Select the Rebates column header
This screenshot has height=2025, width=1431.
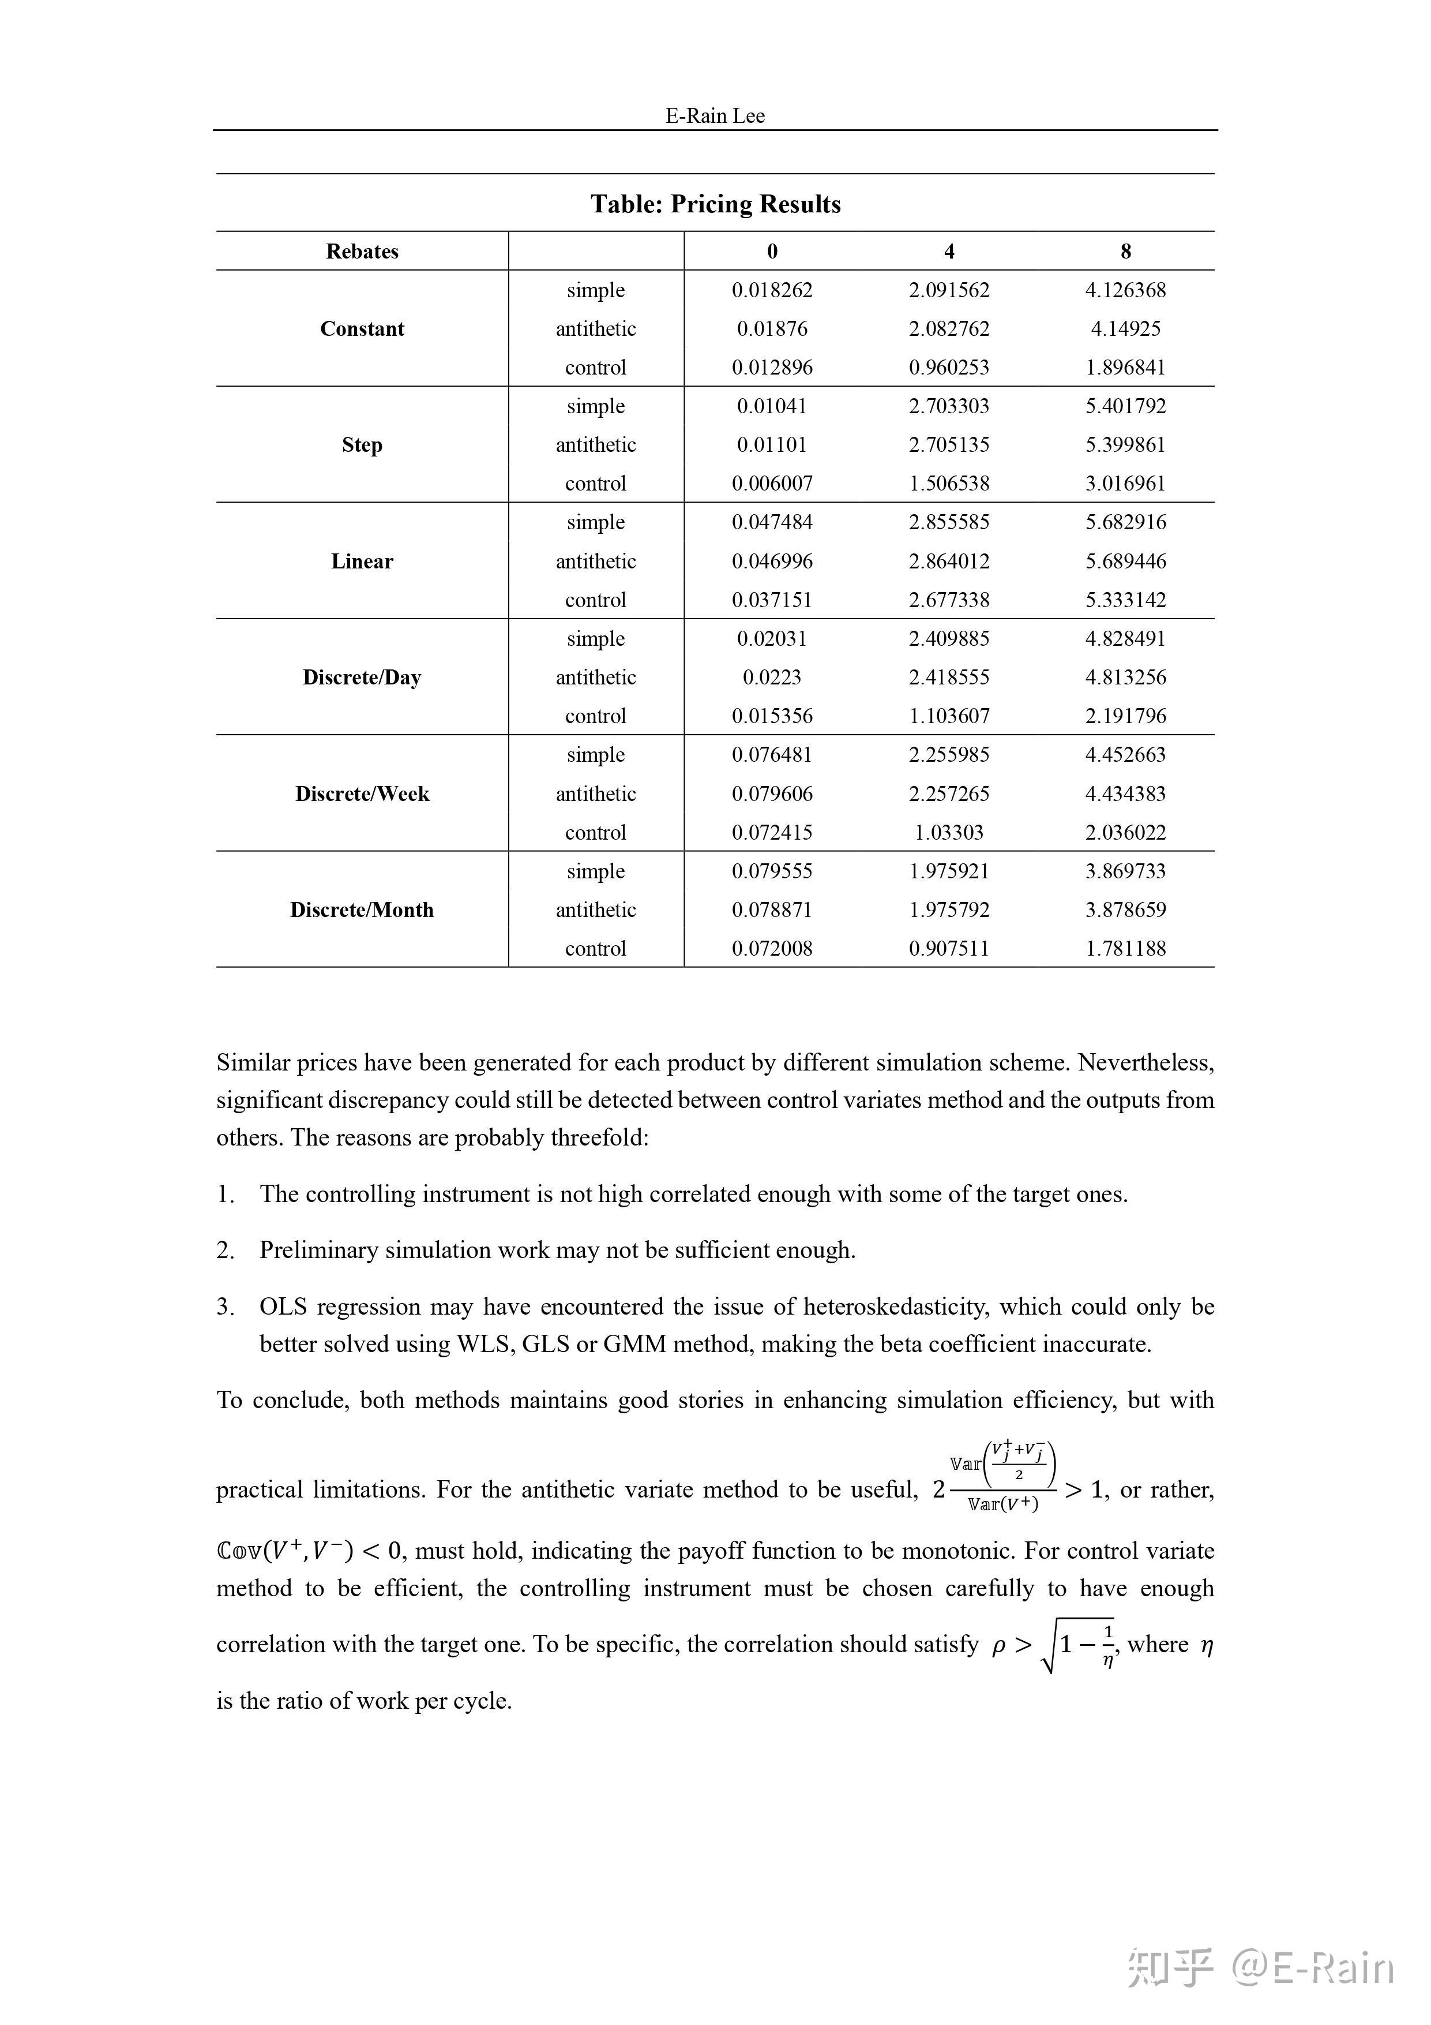coord(362,252)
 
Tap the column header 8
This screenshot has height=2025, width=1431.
coord(1125,252)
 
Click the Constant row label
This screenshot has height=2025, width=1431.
coord(362,329)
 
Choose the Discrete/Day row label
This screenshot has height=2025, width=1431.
coord(362,678)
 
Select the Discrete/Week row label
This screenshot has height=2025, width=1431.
coord(362,793)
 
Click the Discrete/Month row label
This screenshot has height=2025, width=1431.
coord(362,909)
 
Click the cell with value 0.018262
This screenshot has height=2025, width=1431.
coord(772,290)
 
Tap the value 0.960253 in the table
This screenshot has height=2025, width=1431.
coord(949,367)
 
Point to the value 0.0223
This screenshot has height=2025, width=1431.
coord(772,678)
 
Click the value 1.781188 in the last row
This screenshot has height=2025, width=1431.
coord(1125,948)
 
